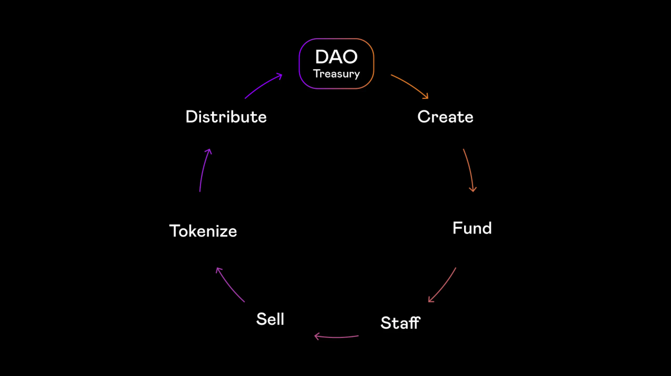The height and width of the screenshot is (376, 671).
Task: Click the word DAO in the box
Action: (x=336, y=57)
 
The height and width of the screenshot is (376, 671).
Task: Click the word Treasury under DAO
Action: (x=337, y=74)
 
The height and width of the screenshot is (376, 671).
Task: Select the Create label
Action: (x=445, y=117)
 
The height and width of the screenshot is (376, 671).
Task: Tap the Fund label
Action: (x=472, y=228)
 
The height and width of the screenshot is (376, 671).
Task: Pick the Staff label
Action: (x=401, y=323)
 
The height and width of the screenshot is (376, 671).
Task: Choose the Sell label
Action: (x=270, y=319)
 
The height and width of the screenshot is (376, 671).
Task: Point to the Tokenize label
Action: (x=203, y=231)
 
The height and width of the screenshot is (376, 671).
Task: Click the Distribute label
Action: (x=226, y=117)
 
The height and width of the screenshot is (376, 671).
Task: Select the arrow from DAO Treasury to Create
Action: (x=411, y=84)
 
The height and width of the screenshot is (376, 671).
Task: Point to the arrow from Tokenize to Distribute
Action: (x=203, y=169)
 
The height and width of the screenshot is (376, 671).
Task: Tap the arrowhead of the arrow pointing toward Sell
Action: (x=316, y=336)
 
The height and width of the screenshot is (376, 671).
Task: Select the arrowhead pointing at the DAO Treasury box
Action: (x=280, y=76)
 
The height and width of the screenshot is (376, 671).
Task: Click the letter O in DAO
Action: (x=350, y=57)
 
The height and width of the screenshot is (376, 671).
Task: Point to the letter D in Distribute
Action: (x=191, y=117)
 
